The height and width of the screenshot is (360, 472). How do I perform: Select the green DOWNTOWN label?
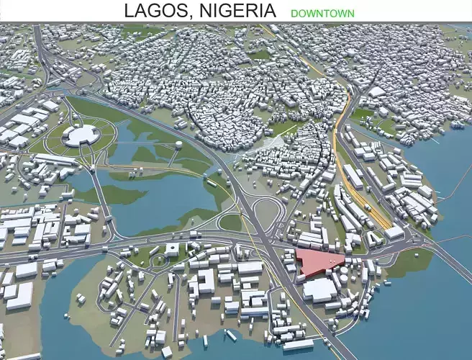(322, 13)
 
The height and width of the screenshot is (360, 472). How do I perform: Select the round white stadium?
(81, 135)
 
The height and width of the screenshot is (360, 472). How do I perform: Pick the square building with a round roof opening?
(173, 249)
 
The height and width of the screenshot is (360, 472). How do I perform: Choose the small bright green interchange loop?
(230, 222)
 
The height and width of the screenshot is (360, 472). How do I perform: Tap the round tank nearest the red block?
(344, 274)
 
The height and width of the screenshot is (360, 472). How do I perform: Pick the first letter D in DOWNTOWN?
(294, 13)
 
